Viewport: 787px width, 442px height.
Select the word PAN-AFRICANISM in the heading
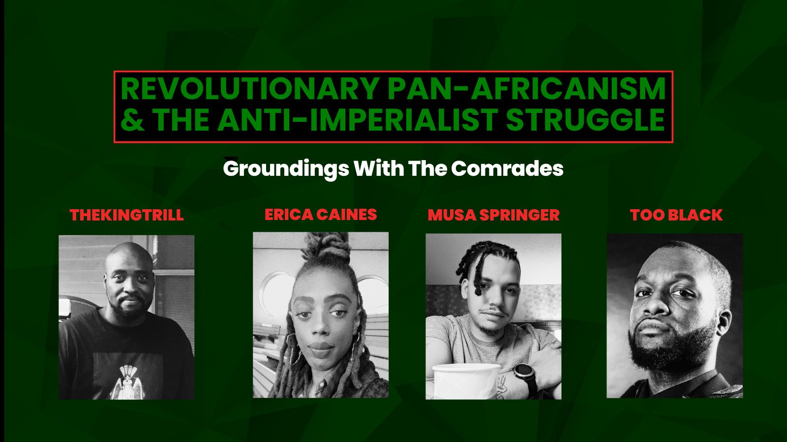526,89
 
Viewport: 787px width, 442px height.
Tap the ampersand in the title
132,119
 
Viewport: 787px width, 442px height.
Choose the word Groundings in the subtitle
286,169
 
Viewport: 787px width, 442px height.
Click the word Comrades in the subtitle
507,169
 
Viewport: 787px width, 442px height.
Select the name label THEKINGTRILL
126,215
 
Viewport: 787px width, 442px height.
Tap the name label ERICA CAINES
321,215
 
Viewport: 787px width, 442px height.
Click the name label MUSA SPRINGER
493,215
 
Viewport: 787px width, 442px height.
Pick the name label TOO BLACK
676,215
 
